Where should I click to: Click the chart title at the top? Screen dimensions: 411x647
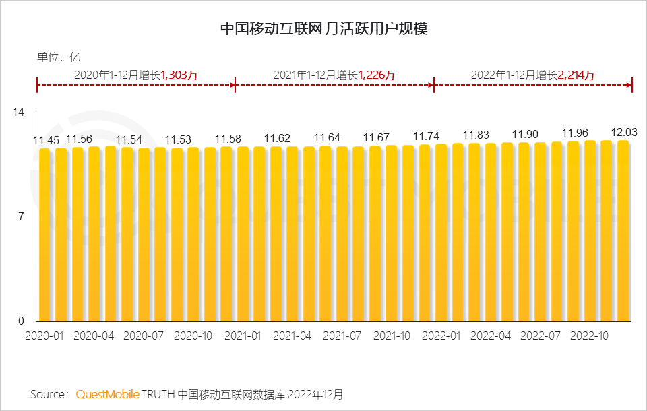click(324, 29)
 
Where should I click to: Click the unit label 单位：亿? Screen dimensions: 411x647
click(58, 57)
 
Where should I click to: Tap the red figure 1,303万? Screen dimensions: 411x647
click(179, 75)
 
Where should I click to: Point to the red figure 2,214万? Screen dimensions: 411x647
click(576, 75)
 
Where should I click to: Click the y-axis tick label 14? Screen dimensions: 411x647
click(19, 112)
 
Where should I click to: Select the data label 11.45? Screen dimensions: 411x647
click(47, 140)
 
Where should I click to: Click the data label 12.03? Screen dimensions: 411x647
click(623, 132)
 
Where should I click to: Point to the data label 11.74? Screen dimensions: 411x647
click(426, 135)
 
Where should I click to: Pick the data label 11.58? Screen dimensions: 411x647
click(228, 139)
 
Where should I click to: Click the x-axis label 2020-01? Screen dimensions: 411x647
click(44, 336)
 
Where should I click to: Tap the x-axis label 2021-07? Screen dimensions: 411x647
click(342, 336)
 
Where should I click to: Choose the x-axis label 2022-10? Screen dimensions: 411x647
click(589, 336)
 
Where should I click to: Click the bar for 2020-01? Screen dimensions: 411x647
click(44, 236)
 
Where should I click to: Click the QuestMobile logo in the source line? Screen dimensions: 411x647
click(107, 393)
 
